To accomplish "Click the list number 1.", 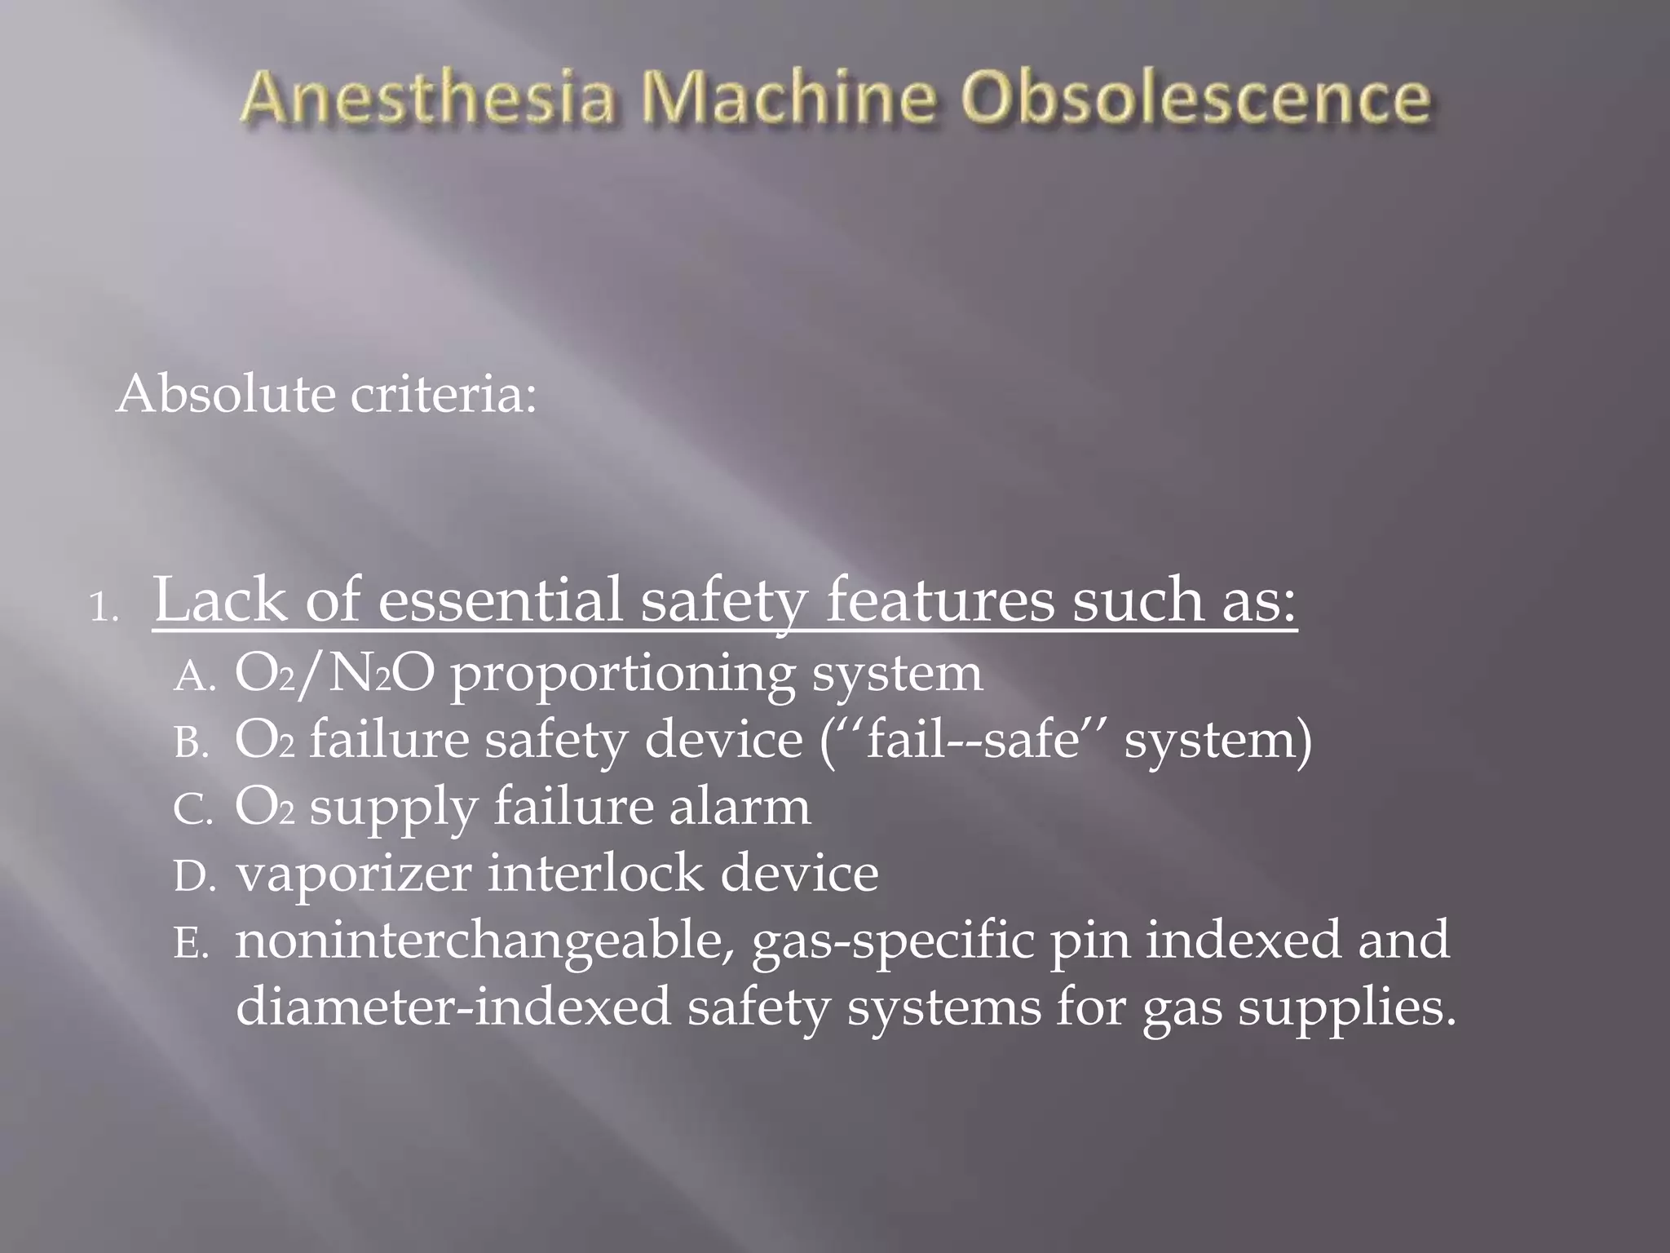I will (x=103, y=608).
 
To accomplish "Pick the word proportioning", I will (x=622, y=675).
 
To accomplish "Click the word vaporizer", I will (x=354, y=874).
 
